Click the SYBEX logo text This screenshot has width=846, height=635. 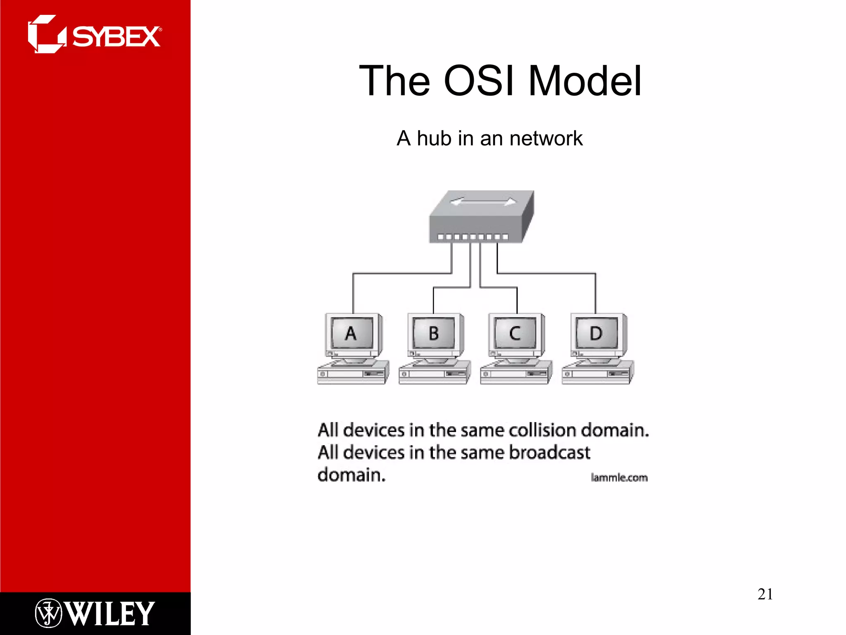point(116,37)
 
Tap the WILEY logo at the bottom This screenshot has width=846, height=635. point(110,614)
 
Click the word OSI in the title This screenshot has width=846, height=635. point(479,81)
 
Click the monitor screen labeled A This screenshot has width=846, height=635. point(352,333)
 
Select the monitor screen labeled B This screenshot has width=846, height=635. point(433,333)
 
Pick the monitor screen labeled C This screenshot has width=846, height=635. point(515,333)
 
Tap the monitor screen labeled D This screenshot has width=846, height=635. point(596,333)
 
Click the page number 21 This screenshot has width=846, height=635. point(765,594)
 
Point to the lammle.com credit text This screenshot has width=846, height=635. point(619,478)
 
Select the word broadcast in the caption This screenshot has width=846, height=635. point(549,452)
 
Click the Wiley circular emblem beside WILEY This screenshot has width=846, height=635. point(48,613)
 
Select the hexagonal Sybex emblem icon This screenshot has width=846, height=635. point(46,34)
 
